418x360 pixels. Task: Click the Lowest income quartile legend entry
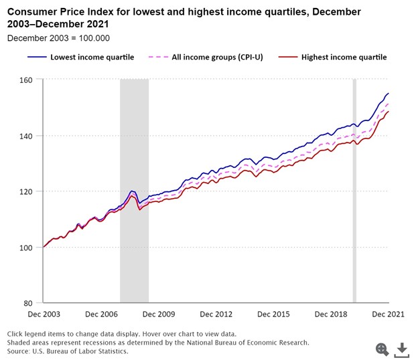[x=92, y=57]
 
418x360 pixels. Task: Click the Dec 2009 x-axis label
[x=158, y=314]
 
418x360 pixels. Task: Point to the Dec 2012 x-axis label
[x=216, y=314]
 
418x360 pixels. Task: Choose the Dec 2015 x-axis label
[x=273, y=314]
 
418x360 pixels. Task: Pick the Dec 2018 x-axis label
[x=331, y=314]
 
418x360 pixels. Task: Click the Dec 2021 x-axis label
[x=389, y=314]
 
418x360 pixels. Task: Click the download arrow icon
[x=402, y=349]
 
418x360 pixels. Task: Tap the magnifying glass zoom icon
[x=382, y=349]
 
